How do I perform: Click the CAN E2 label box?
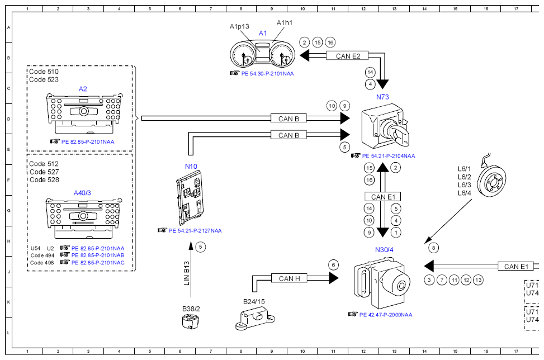point(347,55)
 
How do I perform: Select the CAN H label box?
point(289,278)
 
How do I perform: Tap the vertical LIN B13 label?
point(187,273)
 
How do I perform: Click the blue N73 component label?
point(382,97)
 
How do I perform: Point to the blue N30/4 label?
point(384,250)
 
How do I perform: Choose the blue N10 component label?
point(191,167)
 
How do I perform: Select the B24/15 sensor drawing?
point(255,319)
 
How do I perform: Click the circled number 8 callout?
point(433,248)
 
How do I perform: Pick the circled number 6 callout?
point(333,265)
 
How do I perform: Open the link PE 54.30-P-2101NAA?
point(267,74)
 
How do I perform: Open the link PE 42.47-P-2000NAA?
point(386,315)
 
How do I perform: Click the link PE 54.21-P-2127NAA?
point(195,231)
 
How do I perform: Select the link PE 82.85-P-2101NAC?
point(98,263)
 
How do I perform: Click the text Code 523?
point(44,79)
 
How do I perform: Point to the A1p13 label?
point(239,26)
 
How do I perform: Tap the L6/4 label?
point(464,193)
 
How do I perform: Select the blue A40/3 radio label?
point(82,193)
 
